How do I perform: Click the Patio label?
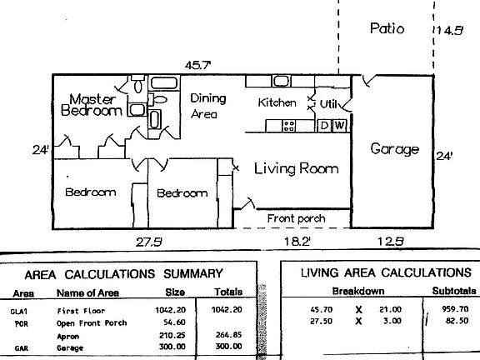pos(387,28)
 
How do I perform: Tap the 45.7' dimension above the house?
pos(198,65)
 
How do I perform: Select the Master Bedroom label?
pos(92,105)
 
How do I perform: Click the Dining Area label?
pos(208,106)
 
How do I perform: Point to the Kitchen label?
pos(277,102)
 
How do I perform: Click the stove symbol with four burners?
pos(288,126)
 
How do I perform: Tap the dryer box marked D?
pos(324,126)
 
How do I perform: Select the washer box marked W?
pos(339,126)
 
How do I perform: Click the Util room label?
pos(328,104)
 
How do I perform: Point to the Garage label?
pos(395,149)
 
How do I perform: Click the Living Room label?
pos(297,168)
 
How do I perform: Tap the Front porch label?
pos(296,218)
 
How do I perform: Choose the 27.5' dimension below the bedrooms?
pos(149,242)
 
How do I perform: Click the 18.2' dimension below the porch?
pos(297,242)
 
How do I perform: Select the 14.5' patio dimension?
pos(449,31)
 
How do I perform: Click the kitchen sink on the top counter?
pos(281,81)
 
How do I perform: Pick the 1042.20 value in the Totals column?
pos(227,310)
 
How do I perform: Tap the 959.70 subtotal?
pos(455,309)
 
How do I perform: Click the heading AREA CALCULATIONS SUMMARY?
pos(123,274)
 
